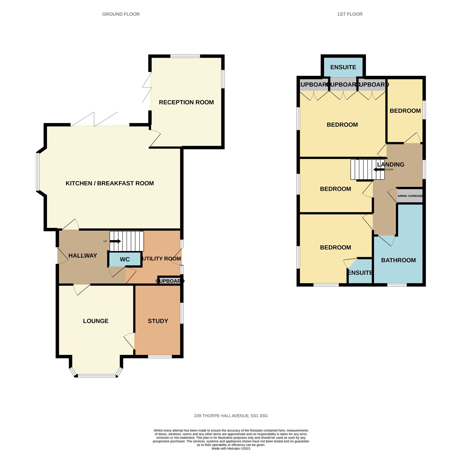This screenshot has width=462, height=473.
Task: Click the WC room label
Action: [125, 260]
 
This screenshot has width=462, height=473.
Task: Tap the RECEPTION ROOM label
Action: [186, 102]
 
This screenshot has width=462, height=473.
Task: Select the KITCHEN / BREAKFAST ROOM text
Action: [110, 183]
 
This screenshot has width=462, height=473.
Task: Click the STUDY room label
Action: [158, 321]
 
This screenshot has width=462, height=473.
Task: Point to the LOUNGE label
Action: [95, 321]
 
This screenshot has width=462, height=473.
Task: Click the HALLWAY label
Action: [82, 255]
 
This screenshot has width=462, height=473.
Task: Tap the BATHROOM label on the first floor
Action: [398, 260]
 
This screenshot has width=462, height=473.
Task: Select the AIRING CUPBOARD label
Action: [410, 196]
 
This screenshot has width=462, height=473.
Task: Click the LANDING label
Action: [390, 165]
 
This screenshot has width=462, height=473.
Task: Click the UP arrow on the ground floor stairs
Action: [115, 241]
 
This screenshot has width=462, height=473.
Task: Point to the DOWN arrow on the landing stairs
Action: [378, 169]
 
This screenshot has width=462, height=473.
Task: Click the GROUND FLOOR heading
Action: [121, 14]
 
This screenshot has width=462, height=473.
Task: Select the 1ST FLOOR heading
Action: [350, 14]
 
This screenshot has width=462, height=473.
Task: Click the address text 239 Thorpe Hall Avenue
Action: [231, 416]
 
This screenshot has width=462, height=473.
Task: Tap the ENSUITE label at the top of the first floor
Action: [343, 67]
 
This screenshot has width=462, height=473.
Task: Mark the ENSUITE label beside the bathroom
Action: [360, 273]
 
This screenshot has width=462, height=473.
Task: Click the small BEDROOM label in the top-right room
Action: [405, 111]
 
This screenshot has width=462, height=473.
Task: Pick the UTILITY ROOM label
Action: [161, 259]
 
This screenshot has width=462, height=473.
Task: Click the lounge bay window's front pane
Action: [96, 376]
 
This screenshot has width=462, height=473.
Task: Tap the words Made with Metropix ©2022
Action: [231, 448]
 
